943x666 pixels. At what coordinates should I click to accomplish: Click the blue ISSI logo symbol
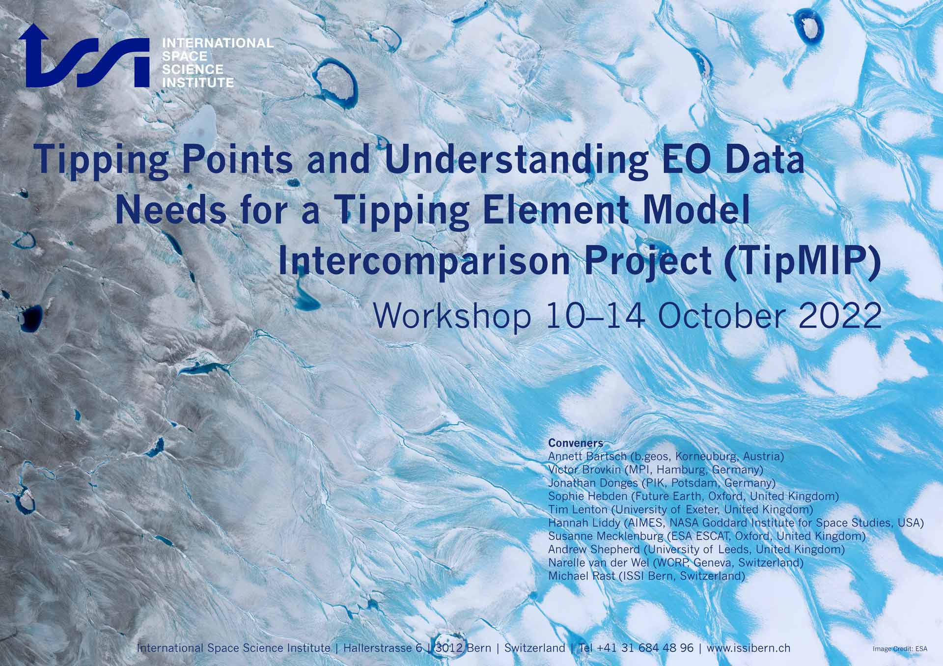tap(83, 56)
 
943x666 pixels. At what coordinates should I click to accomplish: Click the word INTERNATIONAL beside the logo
tap(218, 43)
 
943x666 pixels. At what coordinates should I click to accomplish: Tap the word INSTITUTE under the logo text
tap(198, 83)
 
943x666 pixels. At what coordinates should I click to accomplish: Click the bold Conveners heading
tap(576, 443)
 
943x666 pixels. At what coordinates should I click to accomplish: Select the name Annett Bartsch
tap(587, 456)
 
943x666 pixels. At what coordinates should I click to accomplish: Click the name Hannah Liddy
tap(584, 523)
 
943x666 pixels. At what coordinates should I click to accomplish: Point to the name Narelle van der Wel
tap(598, 562)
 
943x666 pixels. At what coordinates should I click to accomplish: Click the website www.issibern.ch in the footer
tap(749, 648)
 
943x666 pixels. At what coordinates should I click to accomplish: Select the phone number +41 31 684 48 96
tap(645, 648)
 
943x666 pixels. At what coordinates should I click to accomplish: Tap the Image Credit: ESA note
tap(900, 649)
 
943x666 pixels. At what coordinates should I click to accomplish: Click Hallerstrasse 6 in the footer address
tap(383, 648)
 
